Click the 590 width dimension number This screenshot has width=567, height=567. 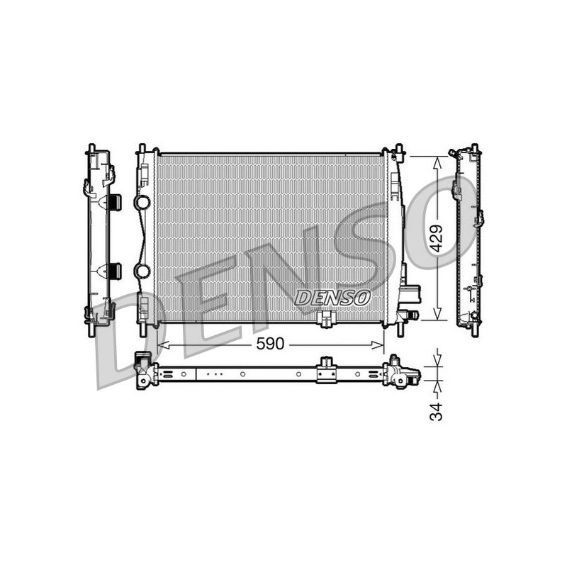(x=270, y=344)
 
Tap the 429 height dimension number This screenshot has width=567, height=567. (x=437, y=238)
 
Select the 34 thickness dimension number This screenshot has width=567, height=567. (x=437, y=412)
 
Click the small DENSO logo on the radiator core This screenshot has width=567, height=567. (x=332, y=298)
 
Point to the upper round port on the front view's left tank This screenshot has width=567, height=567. (x=142, y=202)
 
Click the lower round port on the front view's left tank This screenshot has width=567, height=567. (x=142, y=271)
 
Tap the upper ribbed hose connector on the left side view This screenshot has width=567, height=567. (x=115, y=202)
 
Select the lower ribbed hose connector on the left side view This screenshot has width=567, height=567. (x=115, y=271)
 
